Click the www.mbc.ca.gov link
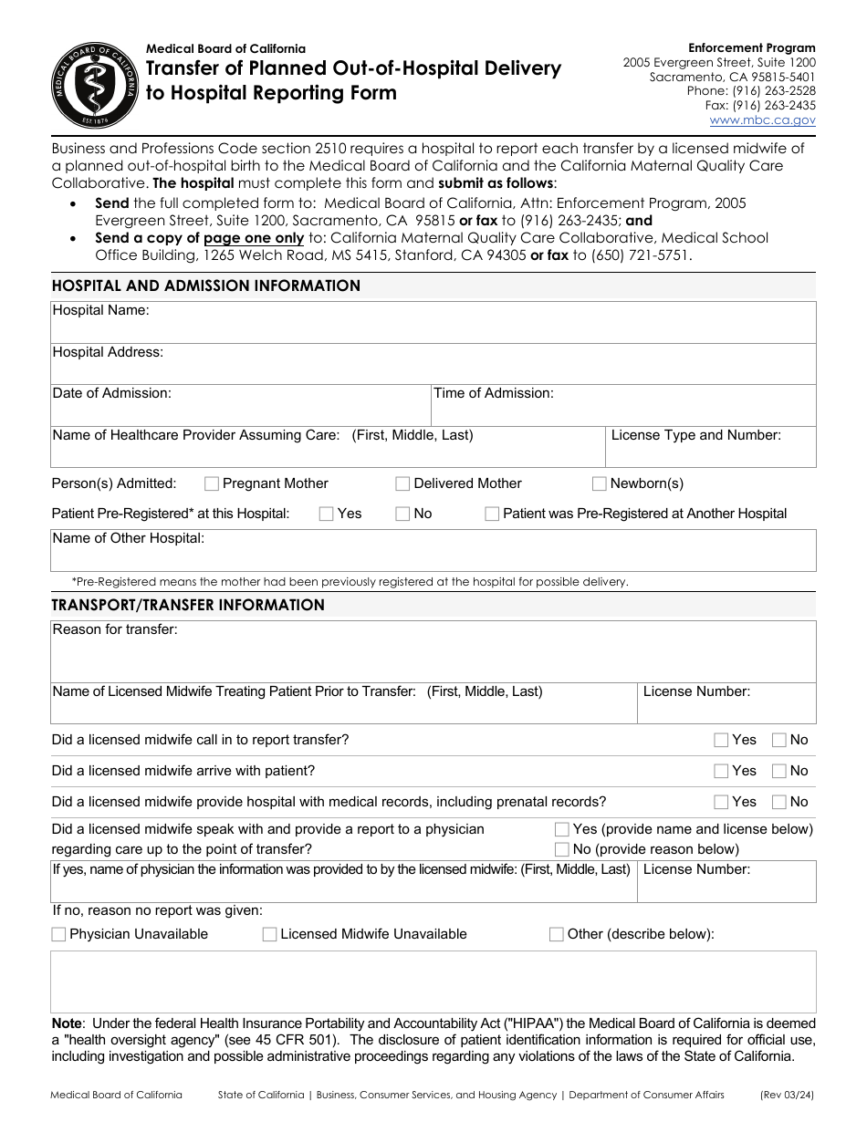click(x=762, y=119)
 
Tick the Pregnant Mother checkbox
click(x=212, y=483)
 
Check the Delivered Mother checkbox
click(x=402, y=483)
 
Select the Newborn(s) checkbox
click(x=600, y=483)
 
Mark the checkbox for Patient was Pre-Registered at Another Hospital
click(x=492, y=514)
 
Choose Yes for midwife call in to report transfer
click(x=721, y=740)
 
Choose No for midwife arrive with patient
click(x=779, y=771)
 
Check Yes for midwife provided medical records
click(x=721, y=802)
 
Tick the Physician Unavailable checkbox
click(x=59, y=934)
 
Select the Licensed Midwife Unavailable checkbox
click(x=269, y=934)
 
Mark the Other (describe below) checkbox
click(x=557, y=934)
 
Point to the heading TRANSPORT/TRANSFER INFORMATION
click(x=188, y=605)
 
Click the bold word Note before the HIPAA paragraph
click(x=67, y=1023)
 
